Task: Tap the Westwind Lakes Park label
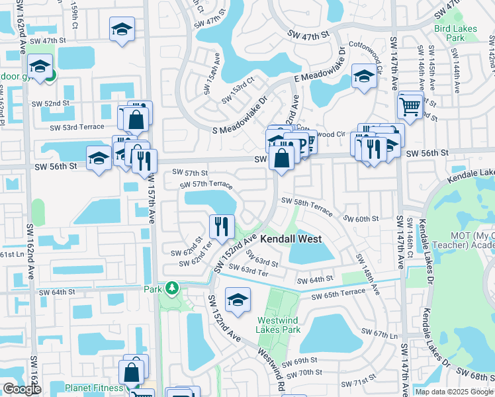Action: tap(277, 324)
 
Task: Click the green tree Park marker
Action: tap(172, 288)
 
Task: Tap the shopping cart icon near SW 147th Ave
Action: tap(410, 105)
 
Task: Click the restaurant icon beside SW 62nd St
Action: tap(220, 226)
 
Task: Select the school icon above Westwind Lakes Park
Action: tap(238, 300)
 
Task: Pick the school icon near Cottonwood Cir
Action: tap(363, 76)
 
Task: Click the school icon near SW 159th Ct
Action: tap(122, 30)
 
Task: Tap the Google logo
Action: tap(22, 389)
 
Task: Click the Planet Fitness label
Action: tap(93, 388)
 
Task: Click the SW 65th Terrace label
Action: tap(339, 292)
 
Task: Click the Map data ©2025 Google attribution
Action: tap(454, 392)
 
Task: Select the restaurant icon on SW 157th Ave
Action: tap(144, 160)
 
